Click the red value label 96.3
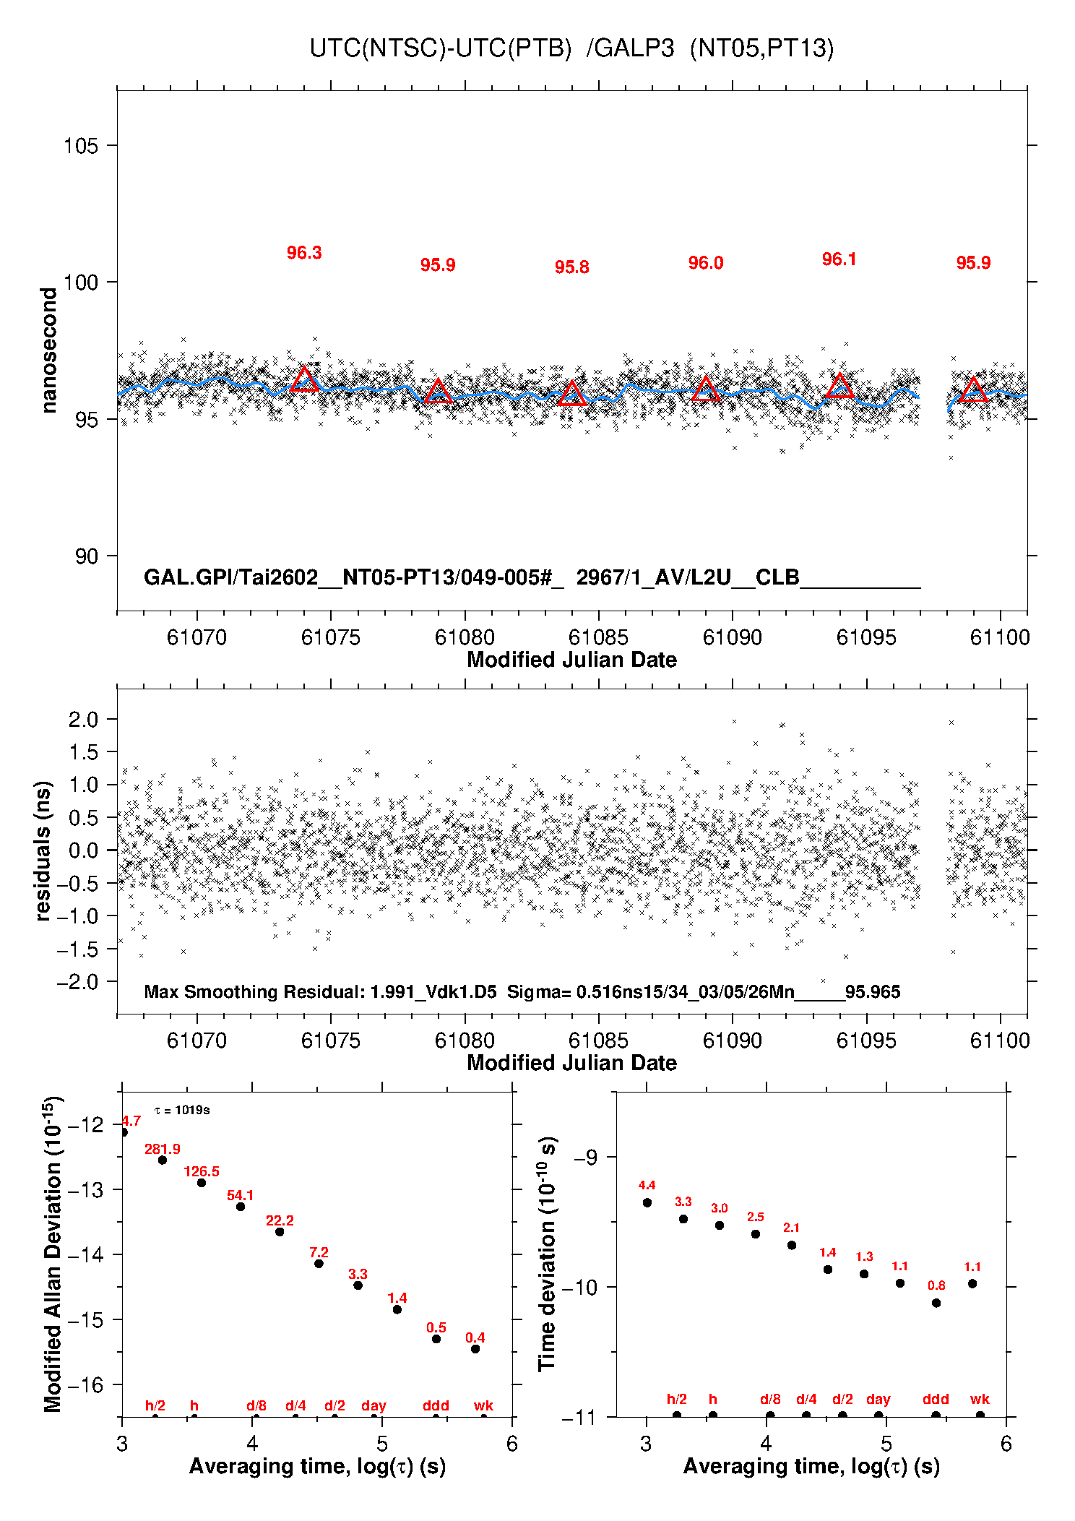[304, 253]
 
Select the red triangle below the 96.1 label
[839, 387]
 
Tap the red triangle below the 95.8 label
[572, 394]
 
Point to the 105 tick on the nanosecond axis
[80, 146]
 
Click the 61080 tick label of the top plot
[465, 637]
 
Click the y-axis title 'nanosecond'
[48, 350]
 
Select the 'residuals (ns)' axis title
[43, 850]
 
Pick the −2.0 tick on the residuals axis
[83, 982]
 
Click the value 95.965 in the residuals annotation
[873, 992]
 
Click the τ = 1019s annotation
[182, 1111]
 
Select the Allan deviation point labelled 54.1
[241, 1207]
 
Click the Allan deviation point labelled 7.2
[319, 1264]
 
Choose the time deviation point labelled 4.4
[647, 1203]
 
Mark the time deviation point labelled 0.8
[936, 1304]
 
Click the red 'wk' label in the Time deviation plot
[980, 1400]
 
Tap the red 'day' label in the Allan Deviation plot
[374, 1406]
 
